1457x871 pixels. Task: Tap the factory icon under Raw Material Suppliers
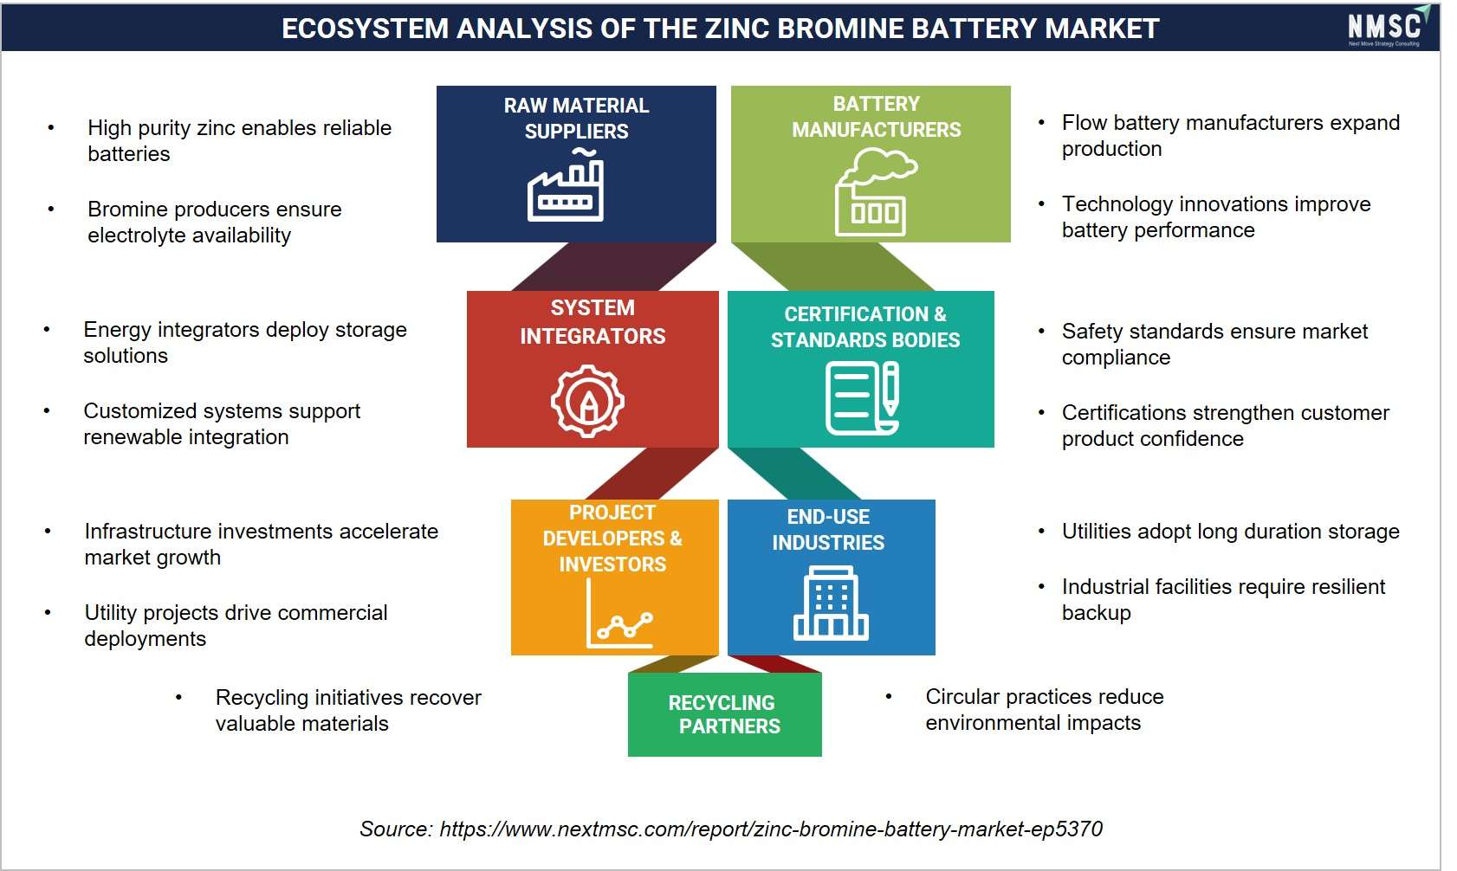(566, 185)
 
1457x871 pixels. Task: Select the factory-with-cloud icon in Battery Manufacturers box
(876, 191)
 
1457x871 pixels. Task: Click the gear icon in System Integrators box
(588, 400)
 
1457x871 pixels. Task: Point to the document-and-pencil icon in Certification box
(863, 398)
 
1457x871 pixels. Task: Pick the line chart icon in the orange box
(620, 614)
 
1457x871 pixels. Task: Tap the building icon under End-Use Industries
(831, 603)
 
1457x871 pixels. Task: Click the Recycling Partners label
(724, 714)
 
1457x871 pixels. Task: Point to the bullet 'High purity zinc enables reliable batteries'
(239, 140)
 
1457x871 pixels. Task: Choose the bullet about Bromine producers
(215, 222)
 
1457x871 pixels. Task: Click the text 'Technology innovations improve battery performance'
(1216, 216)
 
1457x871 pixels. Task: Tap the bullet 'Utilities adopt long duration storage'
(1231, 531)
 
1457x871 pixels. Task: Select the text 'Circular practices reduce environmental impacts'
(1045, 709)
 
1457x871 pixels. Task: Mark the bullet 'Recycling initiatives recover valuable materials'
(348, 710)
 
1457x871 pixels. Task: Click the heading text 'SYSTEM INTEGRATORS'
(593, 322)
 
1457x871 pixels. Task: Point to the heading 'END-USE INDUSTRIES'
(828, 529)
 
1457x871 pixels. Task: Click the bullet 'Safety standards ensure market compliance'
(1215, 344)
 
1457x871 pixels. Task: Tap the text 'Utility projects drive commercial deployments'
(236, 625)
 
